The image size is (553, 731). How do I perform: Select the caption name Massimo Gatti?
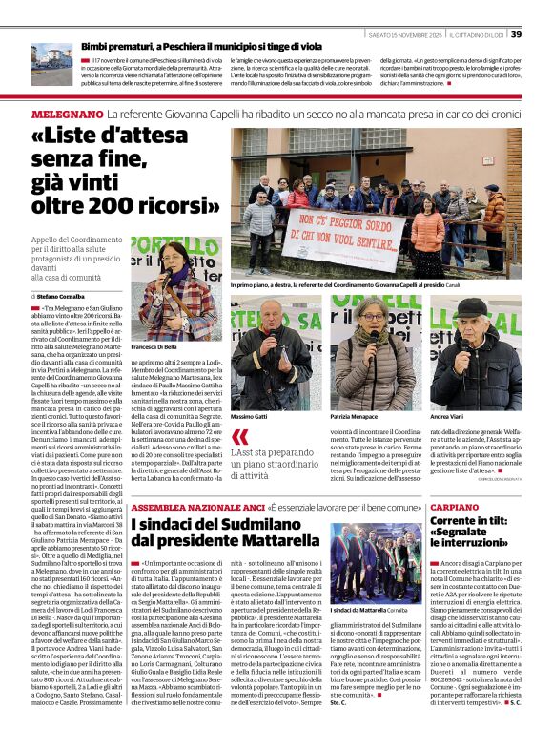[x=249, y=418]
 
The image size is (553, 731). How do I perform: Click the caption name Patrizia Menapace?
[x=352, y=418]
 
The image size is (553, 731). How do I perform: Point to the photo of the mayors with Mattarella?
[x=375, y=562]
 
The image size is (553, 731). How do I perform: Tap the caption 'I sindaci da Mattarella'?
[x=359, y=608]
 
